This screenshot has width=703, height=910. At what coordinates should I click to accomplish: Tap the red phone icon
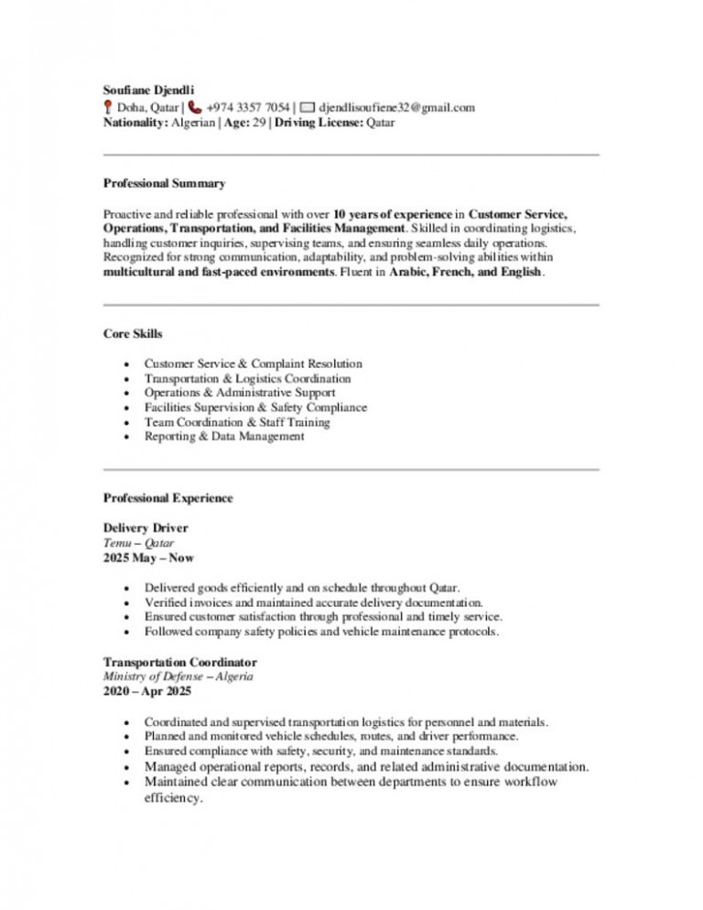196,107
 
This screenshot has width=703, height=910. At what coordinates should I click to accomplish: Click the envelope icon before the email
308,107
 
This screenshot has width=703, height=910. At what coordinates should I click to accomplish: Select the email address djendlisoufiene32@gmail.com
396,107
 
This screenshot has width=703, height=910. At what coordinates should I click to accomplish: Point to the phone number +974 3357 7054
248,107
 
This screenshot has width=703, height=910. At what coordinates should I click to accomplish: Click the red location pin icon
108,107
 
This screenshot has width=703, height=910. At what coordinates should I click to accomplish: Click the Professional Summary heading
164,184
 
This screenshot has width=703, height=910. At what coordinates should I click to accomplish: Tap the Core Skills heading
133,334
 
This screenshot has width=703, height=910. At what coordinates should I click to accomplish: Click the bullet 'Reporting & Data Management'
224,437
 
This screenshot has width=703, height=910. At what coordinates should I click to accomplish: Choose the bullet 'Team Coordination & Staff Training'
237,422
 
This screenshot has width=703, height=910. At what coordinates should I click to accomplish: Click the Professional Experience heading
168,498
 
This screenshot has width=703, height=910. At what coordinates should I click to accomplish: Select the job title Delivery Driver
146,528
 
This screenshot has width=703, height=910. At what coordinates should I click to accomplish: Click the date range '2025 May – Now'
148,558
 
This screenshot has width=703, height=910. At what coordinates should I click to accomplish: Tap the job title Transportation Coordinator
179,662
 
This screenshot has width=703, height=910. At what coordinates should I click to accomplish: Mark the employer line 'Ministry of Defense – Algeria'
178,677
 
